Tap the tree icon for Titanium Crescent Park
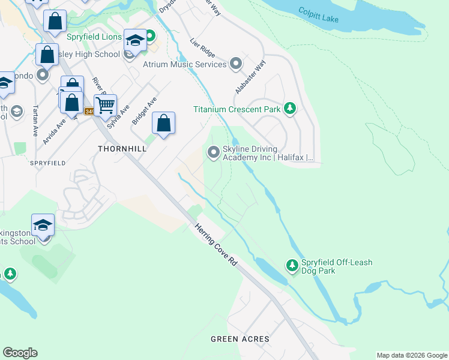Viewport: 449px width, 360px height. (x=290, y=109)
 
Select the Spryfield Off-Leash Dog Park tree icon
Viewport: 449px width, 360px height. (x=292, y=265)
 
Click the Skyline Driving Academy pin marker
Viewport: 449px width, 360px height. (x=213, y=152)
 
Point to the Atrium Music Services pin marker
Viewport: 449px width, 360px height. (x=236, y=64)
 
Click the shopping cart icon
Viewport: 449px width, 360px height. (x=105, y=106)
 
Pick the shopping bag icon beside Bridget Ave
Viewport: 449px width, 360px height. (x=163, y=124)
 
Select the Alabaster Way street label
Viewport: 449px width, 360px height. (x=251, y=76)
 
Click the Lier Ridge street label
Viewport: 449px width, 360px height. (x=202, y=47)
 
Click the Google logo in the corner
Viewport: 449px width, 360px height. (x=20, y=353)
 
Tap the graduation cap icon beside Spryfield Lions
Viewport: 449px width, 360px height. (x=135, y=40)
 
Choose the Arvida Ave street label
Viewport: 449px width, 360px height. (x=54, y=130)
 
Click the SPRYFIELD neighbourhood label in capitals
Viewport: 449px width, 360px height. (x=47, y=163)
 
